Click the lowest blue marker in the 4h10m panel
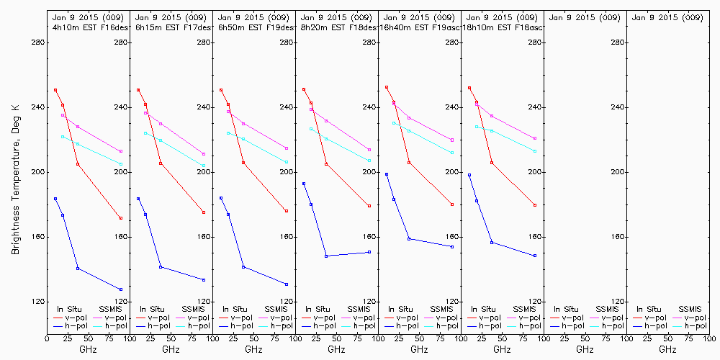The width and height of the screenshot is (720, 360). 121,289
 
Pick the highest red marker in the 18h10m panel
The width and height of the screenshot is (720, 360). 469,88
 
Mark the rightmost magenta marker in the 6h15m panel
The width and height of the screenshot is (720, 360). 204,154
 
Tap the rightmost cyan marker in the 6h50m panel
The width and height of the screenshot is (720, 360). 287,162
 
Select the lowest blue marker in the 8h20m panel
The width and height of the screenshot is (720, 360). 326,256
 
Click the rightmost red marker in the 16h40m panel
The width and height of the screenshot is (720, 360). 452,204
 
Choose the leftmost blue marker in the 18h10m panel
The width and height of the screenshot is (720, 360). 469,175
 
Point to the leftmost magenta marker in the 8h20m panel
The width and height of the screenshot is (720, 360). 311,109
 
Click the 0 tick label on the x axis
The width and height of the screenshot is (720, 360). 48,337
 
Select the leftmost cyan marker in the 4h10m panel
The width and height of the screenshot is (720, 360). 63,136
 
